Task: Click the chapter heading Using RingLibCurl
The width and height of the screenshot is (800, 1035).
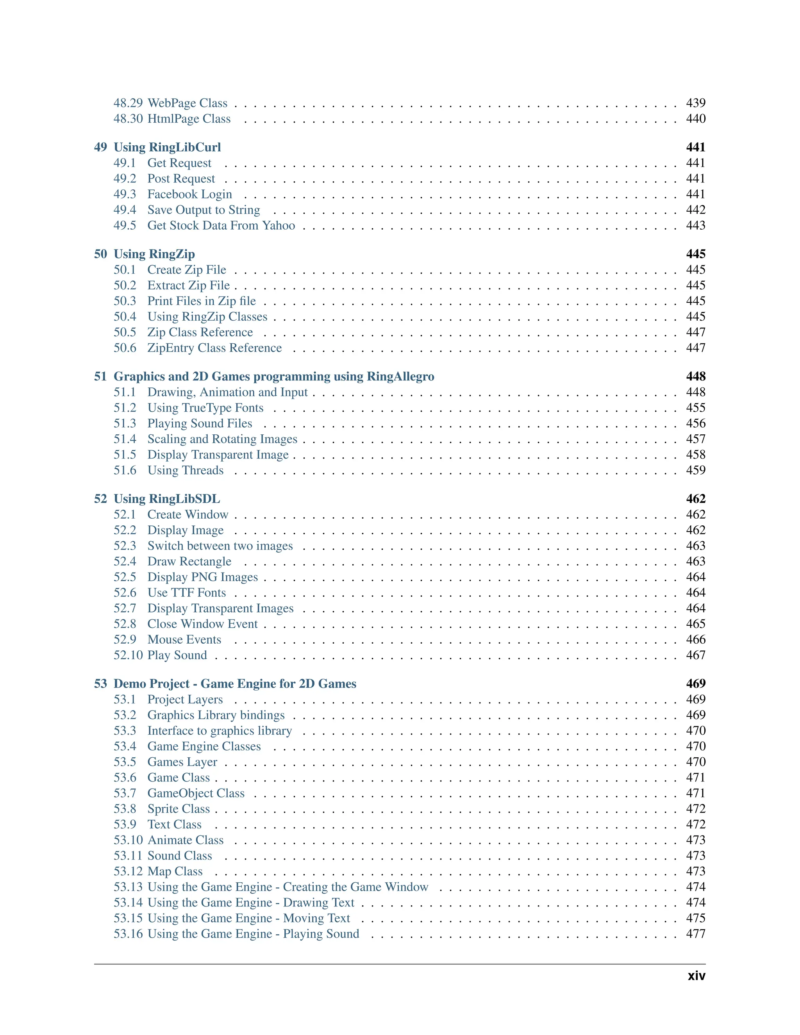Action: click(167, 147)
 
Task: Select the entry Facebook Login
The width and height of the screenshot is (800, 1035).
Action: click(189, 194)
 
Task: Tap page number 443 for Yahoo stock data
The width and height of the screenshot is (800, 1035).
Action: click(695, 226)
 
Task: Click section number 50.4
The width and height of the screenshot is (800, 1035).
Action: click(125, 317)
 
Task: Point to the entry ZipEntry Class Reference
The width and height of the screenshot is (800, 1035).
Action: click(214, 348)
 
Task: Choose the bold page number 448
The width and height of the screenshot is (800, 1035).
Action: click(695, 376)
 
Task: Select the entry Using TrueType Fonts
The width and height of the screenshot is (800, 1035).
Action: click(205, 407)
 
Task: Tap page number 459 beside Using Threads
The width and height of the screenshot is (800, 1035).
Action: click(695, 470)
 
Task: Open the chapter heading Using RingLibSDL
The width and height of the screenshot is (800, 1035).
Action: click(166, 498)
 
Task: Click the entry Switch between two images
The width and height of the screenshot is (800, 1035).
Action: click(220, 546)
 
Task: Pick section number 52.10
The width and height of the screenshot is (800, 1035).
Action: click(128, 655)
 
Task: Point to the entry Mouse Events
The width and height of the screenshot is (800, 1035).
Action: click(184, 639)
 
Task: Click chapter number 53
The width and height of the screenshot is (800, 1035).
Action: click(100, 683)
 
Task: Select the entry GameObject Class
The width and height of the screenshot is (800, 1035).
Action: click(196, 793)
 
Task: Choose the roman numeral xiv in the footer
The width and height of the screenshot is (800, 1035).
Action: click(696, 976)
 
